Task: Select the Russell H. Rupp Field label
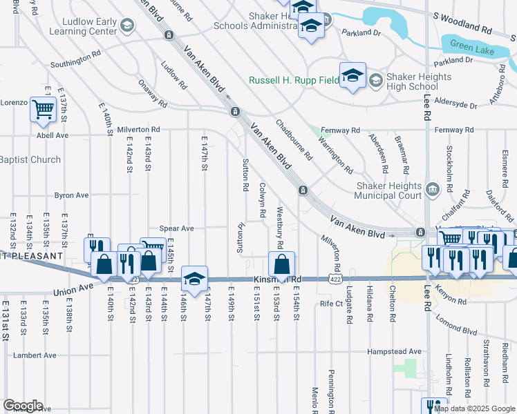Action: (294, 80)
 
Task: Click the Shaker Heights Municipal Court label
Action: (388, 190)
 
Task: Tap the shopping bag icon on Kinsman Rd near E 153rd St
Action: (282, 264)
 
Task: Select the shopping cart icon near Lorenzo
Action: (43, 110)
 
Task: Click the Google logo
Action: (23, 406)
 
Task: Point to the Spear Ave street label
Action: (176, 228)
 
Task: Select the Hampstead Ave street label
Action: (394, 351)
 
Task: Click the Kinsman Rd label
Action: (279, 279)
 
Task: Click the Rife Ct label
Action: (331, 304)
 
